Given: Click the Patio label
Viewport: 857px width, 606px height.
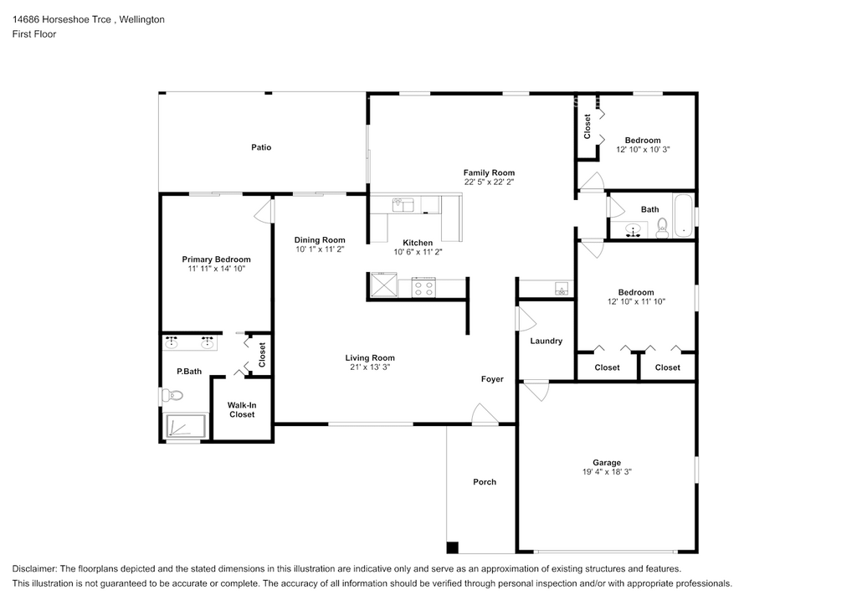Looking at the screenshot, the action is point(261,147).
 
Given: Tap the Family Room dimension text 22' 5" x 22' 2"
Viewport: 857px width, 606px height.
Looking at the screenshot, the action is point(489,182).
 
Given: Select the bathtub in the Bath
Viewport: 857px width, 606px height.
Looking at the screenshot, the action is point(683,213).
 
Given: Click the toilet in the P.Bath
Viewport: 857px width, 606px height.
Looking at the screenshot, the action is point(172,395).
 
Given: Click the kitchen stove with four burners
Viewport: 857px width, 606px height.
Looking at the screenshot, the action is point(424,289).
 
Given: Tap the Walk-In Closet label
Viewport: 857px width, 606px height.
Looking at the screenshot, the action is point(242,409).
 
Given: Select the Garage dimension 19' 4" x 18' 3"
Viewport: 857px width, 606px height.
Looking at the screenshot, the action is point(607,472).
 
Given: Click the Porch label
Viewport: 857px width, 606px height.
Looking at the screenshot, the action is point(485,481).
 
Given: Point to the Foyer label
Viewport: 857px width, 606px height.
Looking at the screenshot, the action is point(492,379).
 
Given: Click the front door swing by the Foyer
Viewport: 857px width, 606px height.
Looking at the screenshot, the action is point(484,414).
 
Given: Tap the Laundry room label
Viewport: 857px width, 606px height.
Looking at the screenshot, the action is point(547,341).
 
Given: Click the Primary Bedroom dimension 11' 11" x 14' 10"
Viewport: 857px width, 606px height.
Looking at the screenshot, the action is point(216,269).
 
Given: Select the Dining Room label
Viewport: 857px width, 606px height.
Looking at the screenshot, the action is point(320,240).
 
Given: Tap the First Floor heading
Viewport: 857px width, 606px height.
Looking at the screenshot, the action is point(34,34).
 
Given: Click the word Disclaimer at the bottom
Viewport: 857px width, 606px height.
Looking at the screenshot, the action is point(34,569).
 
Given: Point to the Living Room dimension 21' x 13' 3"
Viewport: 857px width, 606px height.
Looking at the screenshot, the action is point(370,367).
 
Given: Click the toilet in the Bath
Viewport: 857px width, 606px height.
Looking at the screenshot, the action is point(662,228).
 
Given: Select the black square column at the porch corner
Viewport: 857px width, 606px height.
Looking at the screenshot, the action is point(452,548).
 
